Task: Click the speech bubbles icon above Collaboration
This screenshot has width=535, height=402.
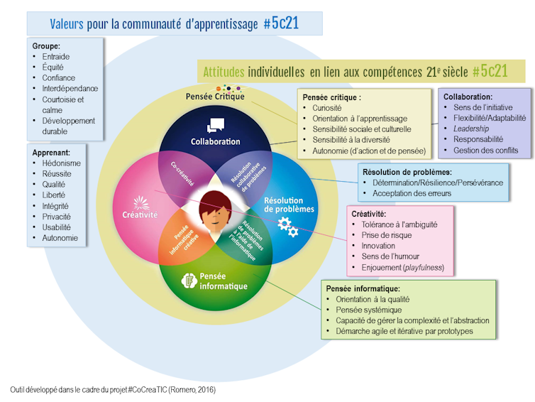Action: (216, 125)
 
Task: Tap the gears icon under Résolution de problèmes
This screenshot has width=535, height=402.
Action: (287, 227)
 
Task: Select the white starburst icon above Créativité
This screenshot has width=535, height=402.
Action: (141, 203)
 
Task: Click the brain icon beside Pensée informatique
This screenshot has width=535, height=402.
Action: (189, 281)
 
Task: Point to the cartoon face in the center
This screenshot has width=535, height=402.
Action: (215, 212)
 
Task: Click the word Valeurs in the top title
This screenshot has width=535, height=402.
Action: (67, 24)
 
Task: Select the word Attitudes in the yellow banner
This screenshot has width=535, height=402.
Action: (224, 72)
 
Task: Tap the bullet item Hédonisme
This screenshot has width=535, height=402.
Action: (62, 163)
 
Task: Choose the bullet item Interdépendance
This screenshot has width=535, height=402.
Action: (70, 89)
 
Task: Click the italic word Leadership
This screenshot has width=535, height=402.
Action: (471, 129)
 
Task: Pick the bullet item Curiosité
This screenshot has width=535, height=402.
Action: (327, 108)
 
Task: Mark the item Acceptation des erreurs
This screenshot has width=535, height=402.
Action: (412, 193)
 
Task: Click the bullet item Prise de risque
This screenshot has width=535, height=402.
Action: (387, 235)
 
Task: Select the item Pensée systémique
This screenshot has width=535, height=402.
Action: (369, 310)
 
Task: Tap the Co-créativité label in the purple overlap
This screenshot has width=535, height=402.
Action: (182, 174)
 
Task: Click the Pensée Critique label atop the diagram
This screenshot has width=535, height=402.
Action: (215, 97)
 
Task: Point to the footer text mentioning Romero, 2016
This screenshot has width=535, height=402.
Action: (113, 390)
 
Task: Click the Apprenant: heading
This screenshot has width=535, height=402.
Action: (51, 153)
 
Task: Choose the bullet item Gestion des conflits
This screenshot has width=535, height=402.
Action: (485, 151)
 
